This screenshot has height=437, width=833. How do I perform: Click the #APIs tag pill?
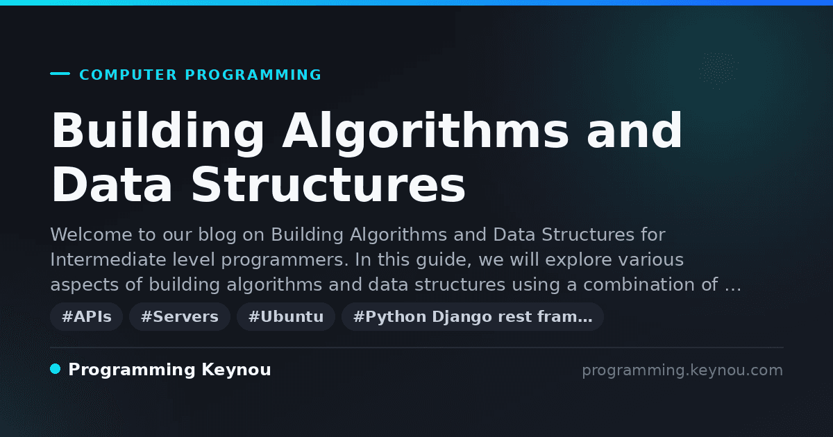click(x=86, y=316)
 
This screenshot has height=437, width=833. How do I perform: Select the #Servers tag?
click(x=180, y=316)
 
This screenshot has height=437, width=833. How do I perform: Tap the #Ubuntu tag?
click(x=286, y=316)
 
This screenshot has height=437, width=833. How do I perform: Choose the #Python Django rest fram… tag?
click(x=473, y=316)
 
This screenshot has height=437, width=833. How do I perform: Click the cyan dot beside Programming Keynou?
click(x=56, y=369)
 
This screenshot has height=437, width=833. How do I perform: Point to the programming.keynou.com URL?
click(x=682, y=370)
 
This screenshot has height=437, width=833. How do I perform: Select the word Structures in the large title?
click(x=328, y=185)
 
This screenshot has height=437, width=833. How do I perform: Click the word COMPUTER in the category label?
click(x=128, y=75)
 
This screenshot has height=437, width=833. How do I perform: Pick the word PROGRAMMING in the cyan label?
click(x=253, y=75)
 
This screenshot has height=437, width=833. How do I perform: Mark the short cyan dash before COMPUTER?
click(x=60, y=74)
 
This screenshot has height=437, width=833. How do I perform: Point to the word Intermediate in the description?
click(x=108, y=259)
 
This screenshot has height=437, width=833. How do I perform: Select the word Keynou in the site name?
click(x=236, y=370)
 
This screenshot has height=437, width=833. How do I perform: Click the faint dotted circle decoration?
click(x=718, y=70)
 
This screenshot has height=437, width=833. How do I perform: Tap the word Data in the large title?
click(x=112, y=185)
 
